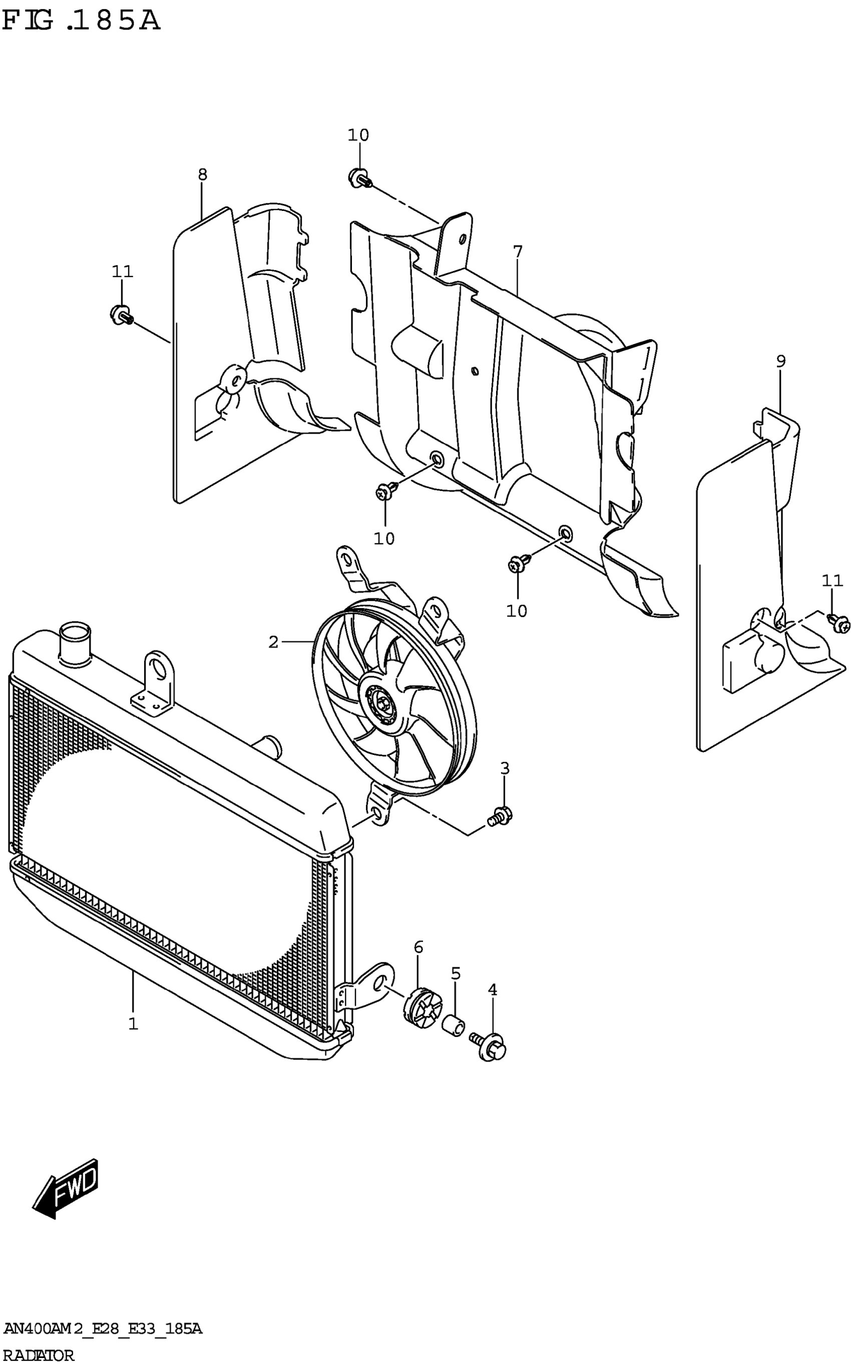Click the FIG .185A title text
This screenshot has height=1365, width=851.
pyautogui.click(x=81, y=21)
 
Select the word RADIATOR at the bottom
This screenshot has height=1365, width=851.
pyautogui.click(x=38, y=1355)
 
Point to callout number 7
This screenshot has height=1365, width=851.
pyautogui.click(x=518, y=252)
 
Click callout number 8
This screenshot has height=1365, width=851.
pyautogui.click(x=203, y=174)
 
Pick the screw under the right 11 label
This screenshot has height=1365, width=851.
pyautogui.click(x=838, y=623)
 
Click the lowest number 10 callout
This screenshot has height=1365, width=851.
pyautogui.click(x=517, y=611)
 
